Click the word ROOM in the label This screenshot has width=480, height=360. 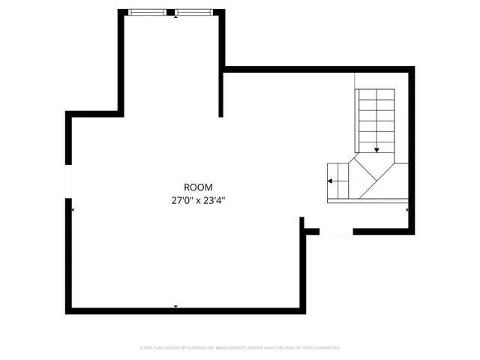click(198, 187)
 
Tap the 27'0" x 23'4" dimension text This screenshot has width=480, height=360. click(198, 200)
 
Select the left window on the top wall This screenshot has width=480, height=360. click(148, 12)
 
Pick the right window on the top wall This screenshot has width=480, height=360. click(195, 12)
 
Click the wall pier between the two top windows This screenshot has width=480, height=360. click(172, 12)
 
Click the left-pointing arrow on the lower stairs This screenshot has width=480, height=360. click(331, 181)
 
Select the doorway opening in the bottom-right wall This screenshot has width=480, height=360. click(335, 232)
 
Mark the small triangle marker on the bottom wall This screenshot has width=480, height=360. click(175, 306)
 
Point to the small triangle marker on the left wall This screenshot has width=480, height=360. click(73, 210)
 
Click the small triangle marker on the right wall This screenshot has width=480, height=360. click(407, 210)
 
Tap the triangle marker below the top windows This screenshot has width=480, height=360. click(175, 17)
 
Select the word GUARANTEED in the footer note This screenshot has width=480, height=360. click(327, 348)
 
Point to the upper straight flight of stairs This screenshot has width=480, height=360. click(374, 116)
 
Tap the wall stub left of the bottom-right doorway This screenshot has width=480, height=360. click(304, 225)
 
